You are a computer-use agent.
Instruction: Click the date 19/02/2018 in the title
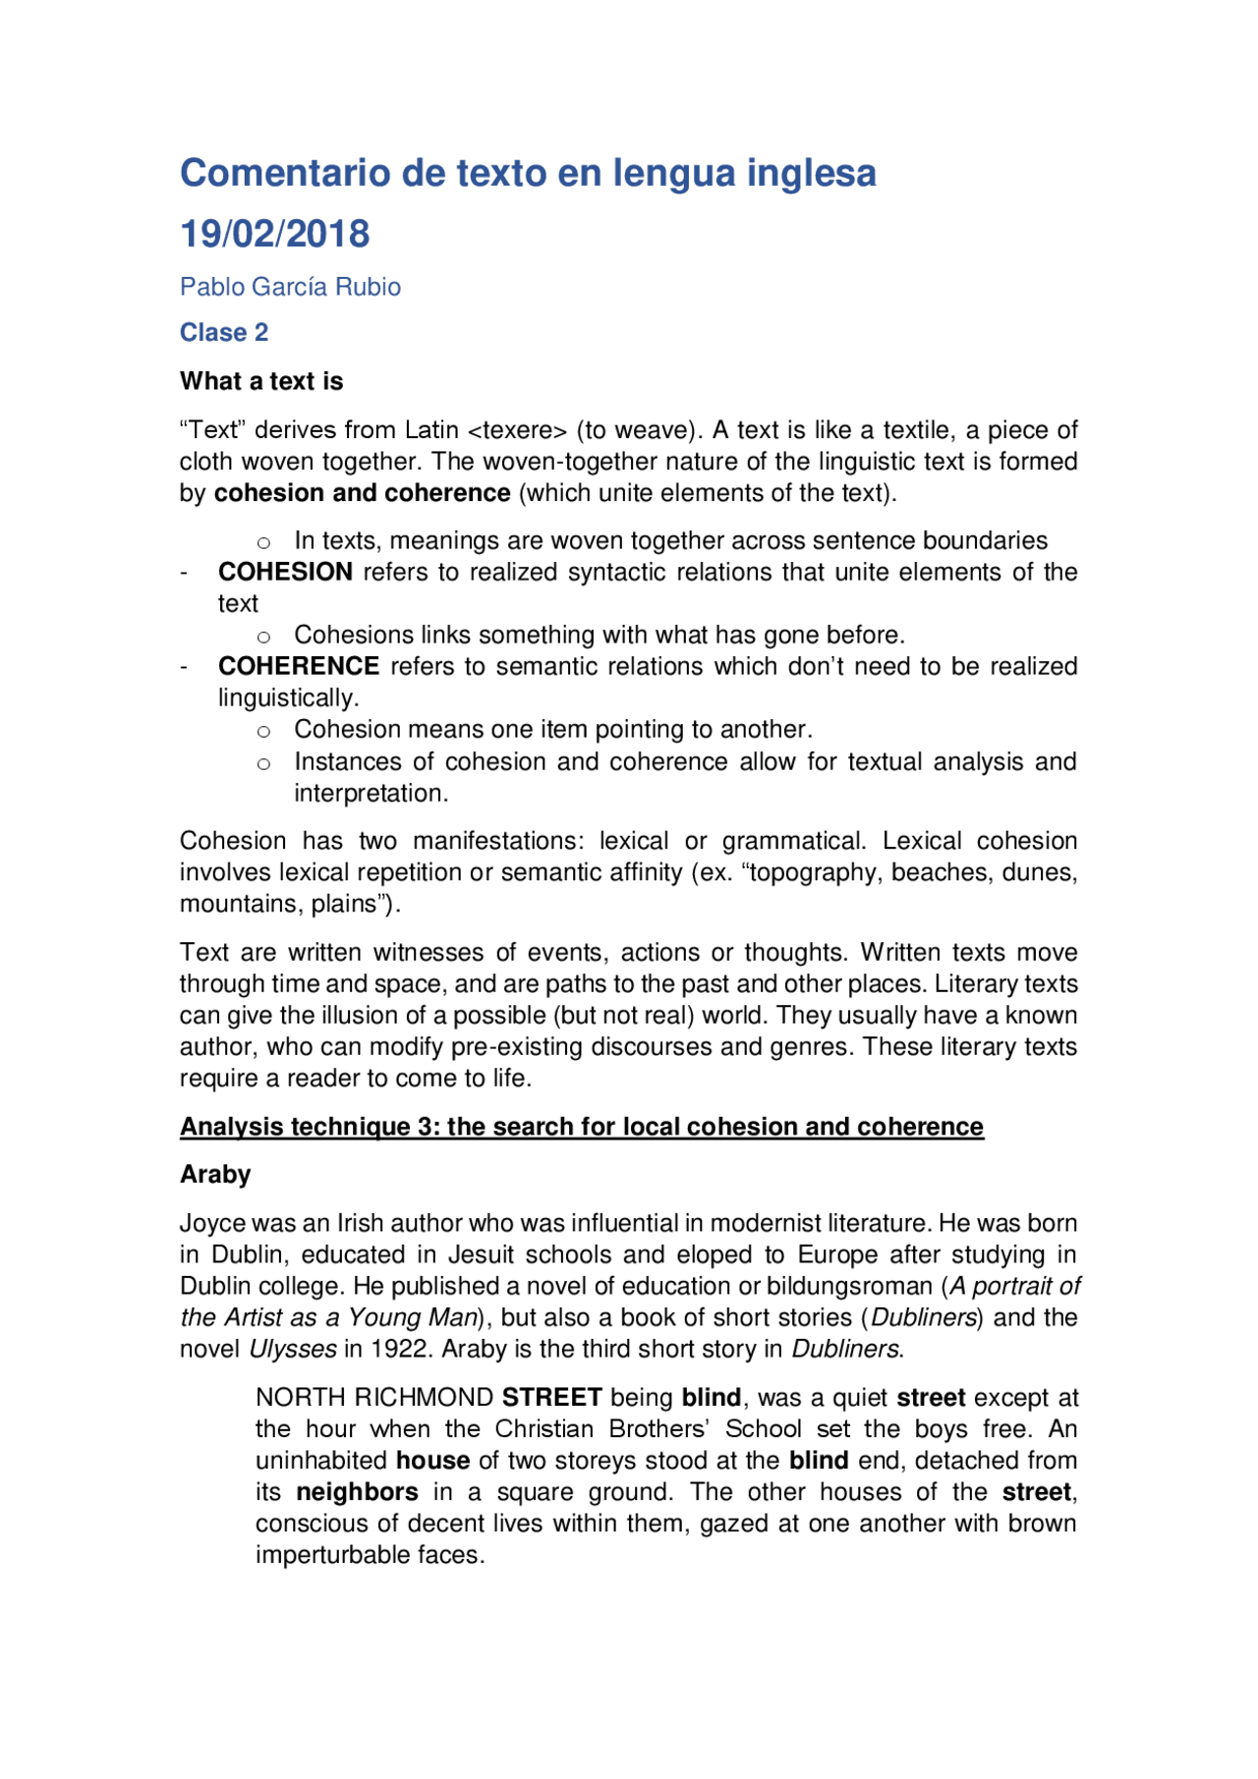(274, 234)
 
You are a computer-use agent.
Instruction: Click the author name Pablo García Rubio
(290, 287)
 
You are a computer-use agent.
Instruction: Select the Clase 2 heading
(224, 332)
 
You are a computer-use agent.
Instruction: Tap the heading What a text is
(261, 381)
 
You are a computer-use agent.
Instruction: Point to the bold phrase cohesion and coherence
(362, 493)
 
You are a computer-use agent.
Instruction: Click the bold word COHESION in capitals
(285, 572)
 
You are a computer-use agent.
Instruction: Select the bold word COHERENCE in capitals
(299, 666)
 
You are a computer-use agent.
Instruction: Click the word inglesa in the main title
(811, 173)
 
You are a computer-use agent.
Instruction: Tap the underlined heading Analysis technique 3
(581, 1127)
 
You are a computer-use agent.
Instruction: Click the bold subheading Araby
(215, 1175)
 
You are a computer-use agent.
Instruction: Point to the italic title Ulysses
(293, 1350)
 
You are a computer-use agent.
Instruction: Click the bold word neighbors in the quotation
(357, 1492)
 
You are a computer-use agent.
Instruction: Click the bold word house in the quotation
(432, 1461)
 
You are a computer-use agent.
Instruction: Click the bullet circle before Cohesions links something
(263, 637)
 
